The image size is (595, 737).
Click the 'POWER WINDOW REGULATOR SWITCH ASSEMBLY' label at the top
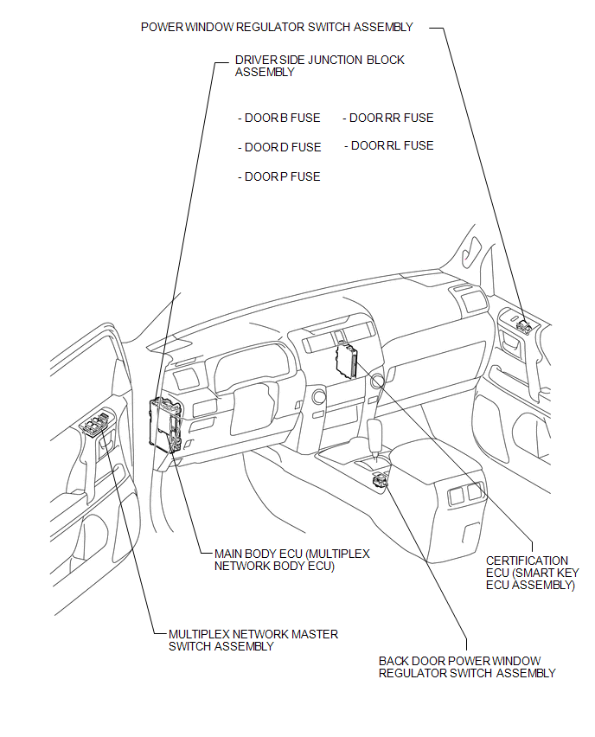277,28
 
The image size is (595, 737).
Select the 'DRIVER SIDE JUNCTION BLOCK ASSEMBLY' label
320,66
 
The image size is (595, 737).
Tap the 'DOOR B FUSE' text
279,118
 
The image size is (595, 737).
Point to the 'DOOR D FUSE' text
279,147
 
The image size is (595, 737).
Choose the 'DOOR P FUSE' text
279,176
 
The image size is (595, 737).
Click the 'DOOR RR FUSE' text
388,118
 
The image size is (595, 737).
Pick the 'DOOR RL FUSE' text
388,145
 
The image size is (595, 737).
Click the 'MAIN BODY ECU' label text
291,560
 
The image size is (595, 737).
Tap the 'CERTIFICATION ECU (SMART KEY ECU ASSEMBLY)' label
532,573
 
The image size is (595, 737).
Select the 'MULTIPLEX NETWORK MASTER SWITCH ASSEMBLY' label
253,640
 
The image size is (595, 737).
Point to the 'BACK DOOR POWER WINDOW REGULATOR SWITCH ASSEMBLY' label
467,667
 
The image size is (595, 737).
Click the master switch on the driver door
98,421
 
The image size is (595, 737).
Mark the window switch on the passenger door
524,325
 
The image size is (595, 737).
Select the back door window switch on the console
380,480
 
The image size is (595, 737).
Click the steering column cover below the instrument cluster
253,407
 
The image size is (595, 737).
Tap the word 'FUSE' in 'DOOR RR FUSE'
419,118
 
